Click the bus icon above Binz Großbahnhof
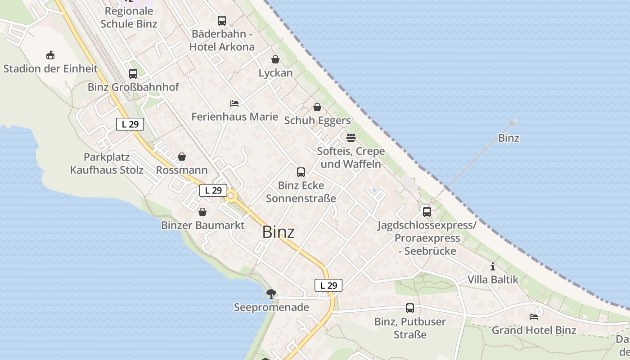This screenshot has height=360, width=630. click(x=133, y=74)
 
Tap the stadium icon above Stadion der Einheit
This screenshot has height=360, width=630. click(x=50, y=55)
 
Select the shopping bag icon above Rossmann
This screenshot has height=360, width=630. click(x=182, y=157)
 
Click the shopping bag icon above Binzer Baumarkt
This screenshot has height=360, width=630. click(x=202, y=212)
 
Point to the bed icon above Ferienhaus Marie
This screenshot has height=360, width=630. click(x=234, y=103)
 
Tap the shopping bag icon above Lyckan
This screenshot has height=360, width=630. click(x=275, y=59)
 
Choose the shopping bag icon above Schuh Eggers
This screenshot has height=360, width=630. click(x=317, y=107)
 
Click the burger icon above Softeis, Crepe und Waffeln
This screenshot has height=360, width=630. click(x=351, y=138)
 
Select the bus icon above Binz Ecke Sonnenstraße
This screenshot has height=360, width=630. click(x=301, y=172)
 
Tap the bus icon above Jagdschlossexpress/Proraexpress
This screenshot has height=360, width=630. click(x=427, y=211)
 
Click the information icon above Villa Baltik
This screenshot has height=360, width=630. click(x=493, y=266)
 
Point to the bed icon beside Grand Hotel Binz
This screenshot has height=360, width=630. click(x=534, y=317)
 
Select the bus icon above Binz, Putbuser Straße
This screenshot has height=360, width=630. click(x=410, y=308)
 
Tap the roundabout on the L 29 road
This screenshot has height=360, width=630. click(x=231, y=196)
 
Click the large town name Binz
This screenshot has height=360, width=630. click(x=278, y=232)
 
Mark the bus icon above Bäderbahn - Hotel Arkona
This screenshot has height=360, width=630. click(x=222, y=21)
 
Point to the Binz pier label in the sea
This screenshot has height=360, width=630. click(x=508, y=138)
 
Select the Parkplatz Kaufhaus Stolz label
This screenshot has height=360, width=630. click(x=107, y=163)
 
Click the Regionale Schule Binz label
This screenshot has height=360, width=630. click(x=129, y=17)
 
